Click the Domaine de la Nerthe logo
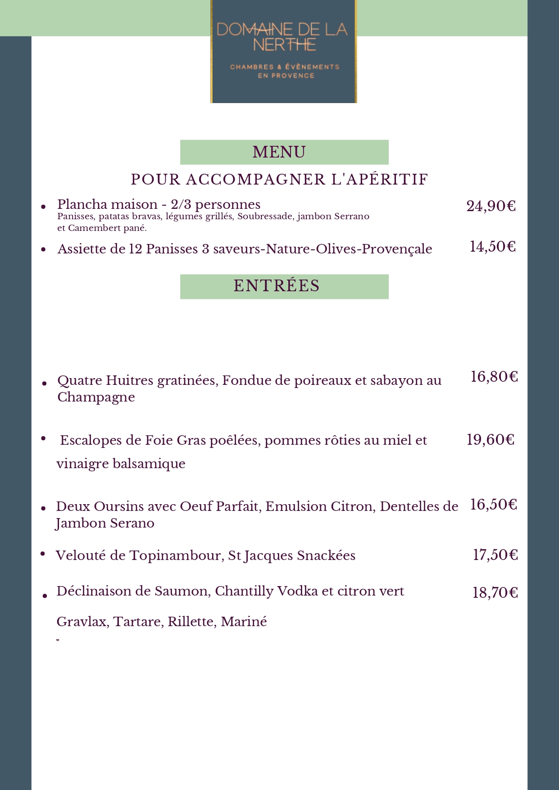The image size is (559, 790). (283, 51)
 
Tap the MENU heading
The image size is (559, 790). (279, 152)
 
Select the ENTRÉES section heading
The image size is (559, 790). (277, 286)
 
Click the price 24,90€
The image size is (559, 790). (491, 206)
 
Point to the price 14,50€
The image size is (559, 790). (492, 247)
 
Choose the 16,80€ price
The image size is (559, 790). (494, 376)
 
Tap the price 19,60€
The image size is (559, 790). (490, 439)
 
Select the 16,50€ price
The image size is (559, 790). (493, 504)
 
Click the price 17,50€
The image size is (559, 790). (495, 555)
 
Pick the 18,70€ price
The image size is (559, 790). (495, 592)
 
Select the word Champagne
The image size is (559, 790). (96, 397)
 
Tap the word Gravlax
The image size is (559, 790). (82, 622)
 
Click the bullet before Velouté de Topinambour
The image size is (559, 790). (43, 554)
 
